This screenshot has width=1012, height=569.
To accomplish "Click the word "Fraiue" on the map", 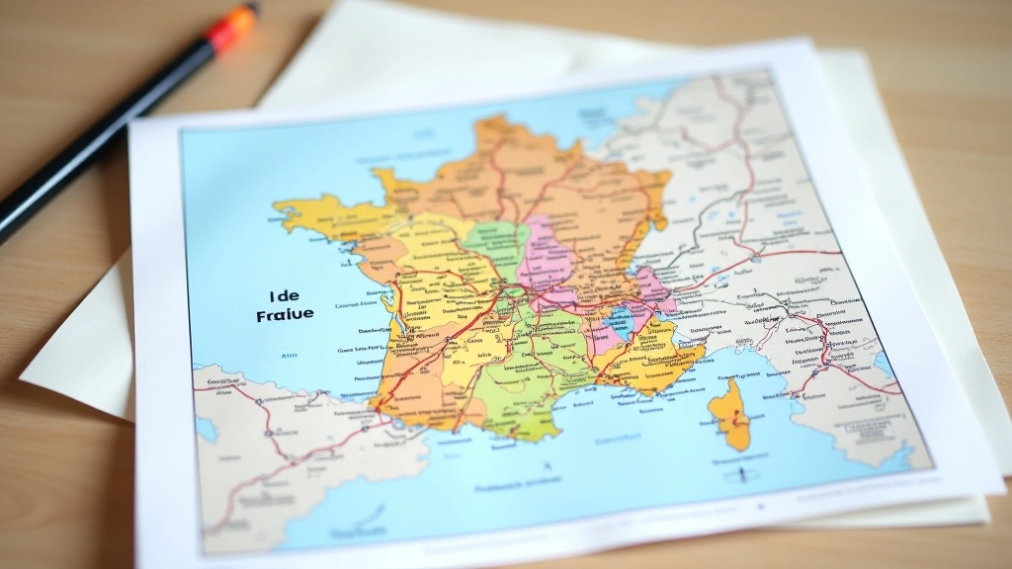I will [285, 314].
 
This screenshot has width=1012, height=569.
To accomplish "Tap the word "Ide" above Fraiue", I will [283, 294].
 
